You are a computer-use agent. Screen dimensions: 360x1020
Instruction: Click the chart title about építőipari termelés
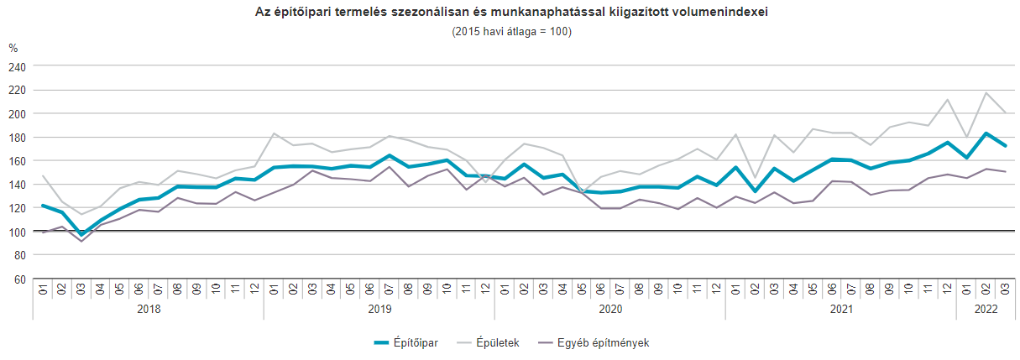[x=510, y=12]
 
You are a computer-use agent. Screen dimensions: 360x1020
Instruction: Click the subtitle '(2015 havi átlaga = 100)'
[x=510, y=31]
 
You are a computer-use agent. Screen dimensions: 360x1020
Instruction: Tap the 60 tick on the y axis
[x=20, y=279]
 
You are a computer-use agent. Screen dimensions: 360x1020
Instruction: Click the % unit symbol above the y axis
[x=13, y=49]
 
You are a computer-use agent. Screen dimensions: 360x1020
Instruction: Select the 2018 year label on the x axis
[x=149, y=309]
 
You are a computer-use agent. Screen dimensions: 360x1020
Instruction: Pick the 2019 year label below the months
[x=379, y=309]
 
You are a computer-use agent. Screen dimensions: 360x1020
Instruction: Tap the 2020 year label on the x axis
[x=610, y=309]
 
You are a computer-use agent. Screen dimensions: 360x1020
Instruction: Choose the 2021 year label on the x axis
[x=841, y=309]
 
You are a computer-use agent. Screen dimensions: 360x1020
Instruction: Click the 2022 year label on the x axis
[x=986, y=309]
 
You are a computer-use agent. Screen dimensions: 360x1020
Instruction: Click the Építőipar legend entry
[x=406, y=342]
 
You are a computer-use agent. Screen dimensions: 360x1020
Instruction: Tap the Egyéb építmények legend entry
[x=593, y=342]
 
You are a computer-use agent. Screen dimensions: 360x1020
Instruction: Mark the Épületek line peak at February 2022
[x=986, y=92]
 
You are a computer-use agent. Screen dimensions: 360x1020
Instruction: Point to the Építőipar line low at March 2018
[x=81, y=235]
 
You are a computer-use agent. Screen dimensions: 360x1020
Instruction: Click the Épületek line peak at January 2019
[x=274, y=133]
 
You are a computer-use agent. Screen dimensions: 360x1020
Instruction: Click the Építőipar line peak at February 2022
[x=986, y=133]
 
